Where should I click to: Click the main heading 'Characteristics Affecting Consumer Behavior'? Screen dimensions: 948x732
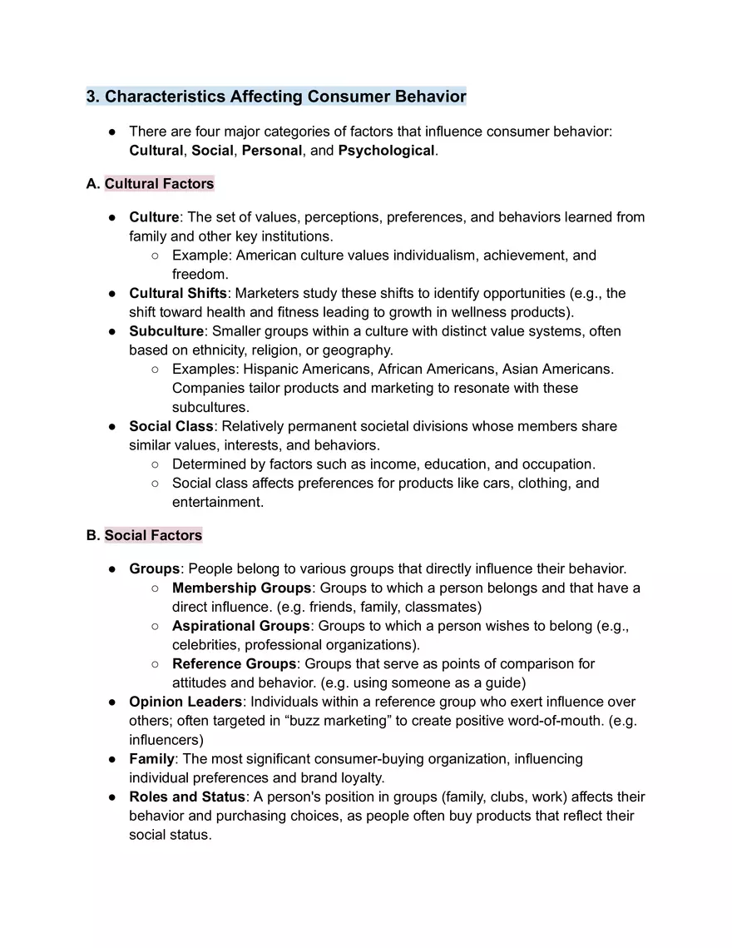tap(285, 97)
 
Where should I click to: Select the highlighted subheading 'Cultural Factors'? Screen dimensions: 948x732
tap(159, 184)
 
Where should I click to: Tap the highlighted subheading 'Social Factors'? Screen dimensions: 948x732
tap(153, 535)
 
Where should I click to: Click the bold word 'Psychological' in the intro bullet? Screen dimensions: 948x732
tap(386, 151)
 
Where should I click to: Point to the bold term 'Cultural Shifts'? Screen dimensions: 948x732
tap(177, 294)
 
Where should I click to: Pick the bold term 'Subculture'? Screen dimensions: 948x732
tap(166, 331)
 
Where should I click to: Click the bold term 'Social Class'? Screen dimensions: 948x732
tap(171, 426)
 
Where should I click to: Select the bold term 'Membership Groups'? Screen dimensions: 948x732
tap(241, 588)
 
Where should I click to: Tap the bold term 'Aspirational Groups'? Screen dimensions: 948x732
tap(241, 626)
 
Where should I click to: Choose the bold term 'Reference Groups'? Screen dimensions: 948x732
tap(234, 664)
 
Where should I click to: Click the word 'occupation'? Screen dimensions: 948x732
tap(560, 464)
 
